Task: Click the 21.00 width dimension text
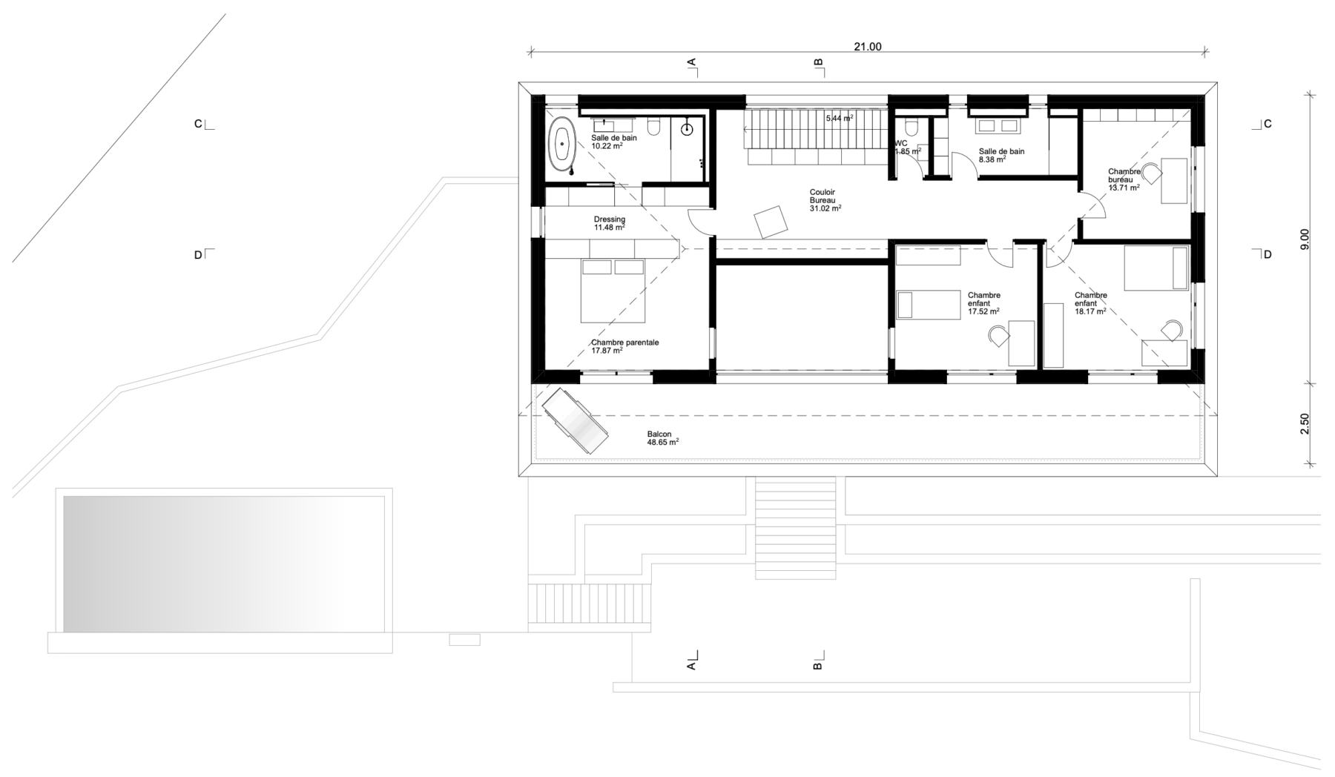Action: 867,47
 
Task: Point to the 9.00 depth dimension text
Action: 1305,239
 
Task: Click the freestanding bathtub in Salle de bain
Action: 564,145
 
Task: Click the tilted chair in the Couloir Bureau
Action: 771,221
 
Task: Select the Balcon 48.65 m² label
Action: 663,438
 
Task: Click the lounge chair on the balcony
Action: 575,420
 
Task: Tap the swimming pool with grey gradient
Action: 223,564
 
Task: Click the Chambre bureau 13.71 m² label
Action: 1124,179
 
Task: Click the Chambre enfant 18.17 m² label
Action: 1091,303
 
